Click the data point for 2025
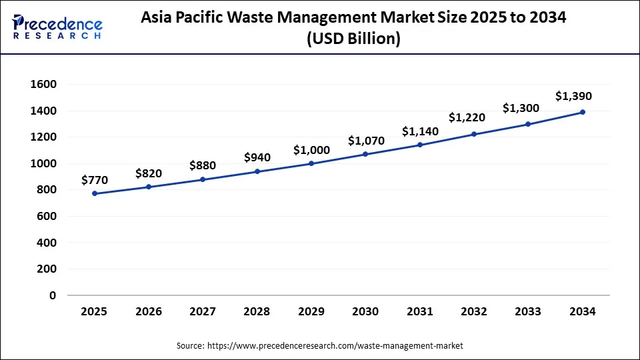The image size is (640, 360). tap(95, 193)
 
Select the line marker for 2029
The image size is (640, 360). tap(311, 163)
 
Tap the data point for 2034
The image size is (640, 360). tap(582, 112)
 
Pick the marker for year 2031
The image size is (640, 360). tap(420, 145)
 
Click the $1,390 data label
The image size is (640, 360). tap(573, 96)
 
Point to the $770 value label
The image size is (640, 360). tap(94, 179)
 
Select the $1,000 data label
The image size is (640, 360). tap(311, 149)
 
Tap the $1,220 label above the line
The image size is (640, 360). tap(467, 117)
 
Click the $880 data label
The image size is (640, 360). tap(203, 165)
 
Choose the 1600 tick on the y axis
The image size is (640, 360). tap(43, 84)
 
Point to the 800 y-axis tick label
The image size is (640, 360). tap(46, 190)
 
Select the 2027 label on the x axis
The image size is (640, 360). tap(203, 311)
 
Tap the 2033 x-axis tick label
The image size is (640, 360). tap(528, 311)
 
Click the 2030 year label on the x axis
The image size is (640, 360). tap(365, 311)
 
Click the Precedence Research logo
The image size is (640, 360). tap(57, 27)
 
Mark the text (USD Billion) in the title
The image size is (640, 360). tap(353, 39)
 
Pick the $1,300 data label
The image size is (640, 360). tap(521, 107)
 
